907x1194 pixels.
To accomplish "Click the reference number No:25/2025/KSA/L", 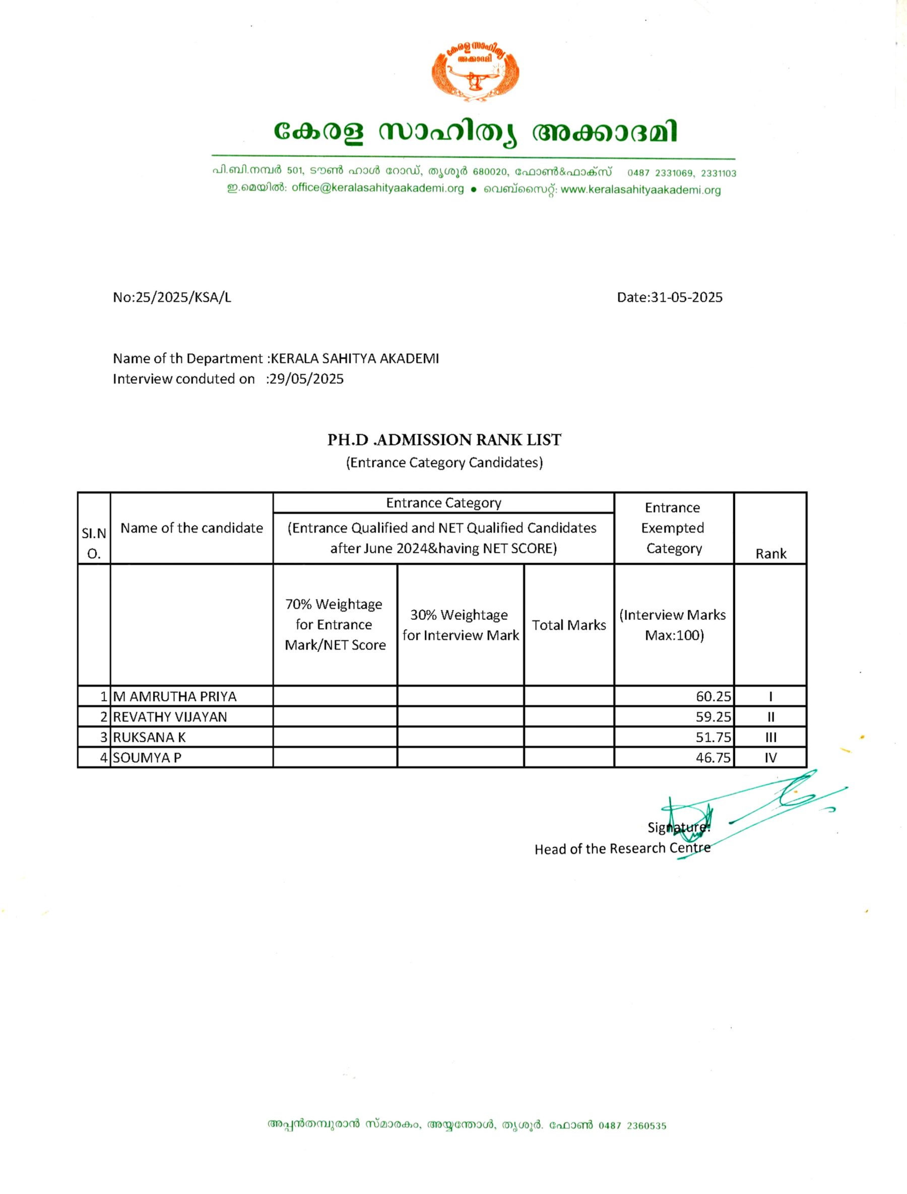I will (x=172, y=297).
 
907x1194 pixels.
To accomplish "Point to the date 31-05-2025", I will (x=686, y=297).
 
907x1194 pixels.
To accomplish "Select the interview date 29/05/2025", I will (x=306, y=379).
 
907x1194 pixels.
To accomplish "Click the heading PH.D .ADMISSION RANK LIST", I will (x=444, y=440).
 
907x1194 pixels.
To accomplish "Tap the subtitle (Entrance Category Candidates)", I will (x=444, y=462).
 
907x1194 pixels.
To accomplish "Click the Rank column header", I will (x=770, y=553).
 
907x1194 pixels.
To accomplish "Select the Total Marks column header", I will (x=568, y=625).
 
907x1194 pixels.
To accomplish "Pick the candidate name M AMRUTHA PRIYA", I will (x=174, y=696).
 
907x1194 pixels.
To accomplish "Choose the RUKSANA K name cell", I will (x=149, y=738).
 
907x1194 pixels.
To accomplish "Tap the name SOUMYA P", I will (x=147, y=758).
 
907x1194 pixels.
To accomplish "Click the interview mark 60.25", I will (x=713, y=696).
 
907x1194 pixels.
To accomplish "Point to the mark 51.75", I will (x=713, y=738).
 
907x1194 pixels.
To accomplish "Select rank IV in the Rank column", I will (x=770, y=758).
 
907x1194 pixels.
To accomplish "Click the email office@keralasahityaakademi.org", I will (x=377, y=188).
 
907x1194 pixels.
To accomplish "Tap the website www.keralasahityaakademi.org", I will (x=640, y=189).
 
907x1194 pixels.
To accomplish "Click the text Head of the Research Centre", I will (x=622, y=848).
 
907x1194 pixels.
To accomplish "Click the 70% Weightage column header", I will (x=335, y=625).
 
